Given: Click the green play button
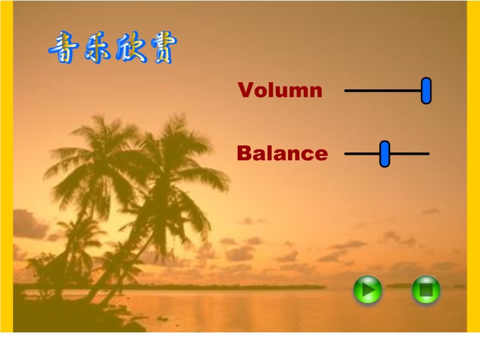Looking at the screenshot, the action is [368, 289].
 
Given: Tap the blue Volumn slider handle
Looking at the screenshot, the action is [426, 91].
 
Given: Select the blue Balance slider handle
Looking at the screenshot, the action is [385, 154].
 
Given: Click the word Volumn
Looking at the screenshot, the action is [280, 90].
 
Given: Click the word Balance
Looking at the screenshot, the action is [282, 154].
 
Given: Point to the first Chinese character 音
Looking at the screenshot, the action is [64, 47].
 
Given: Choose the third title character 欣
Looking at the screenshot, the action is [131, 47].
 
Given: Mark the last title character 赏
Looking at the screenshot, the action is [164, 47].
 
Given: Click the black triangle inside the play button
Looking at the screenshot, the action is [368, 290].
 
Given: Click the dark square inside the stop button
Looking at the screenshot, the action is [426, 290].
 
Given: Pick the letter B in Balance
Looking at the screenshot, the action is [245, 153].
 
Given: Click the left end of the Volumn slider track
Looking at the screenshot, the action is [345, 91].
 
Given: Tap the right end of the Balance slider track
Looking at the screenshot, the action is [429, 154].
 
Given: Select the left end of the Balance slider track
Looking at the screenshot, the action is [345, 154].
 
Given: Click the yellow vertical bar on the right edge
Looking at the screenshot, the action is [473, 166].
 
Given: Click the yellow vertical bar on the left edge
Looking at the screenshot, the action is [7, 166].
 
